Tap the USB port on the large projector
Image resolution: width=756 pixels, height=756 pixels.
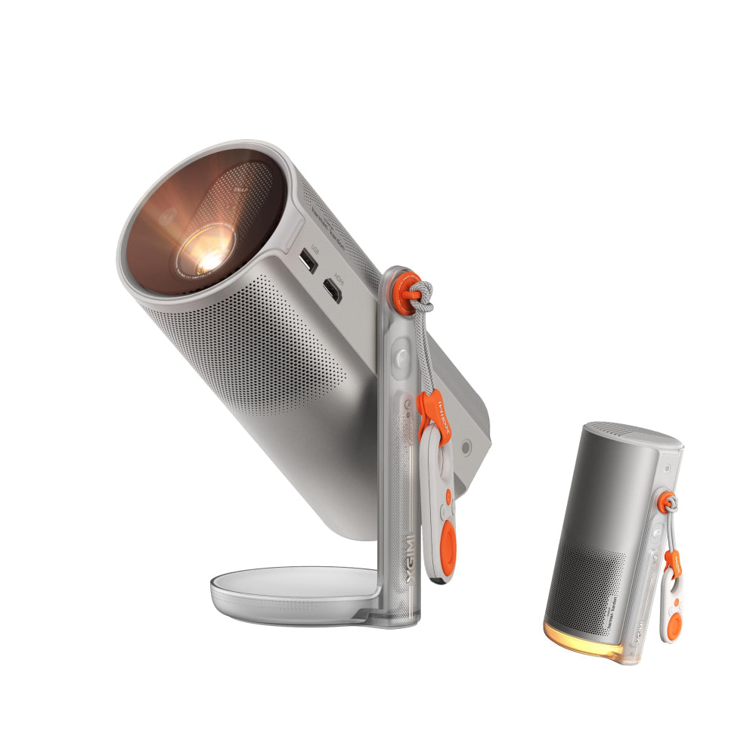click(307, 261)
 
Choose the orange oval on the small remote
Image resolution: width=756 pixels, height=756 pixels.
click(674, 627)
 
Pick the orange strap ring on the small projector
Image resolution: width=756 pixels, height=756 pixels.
click(665, 501)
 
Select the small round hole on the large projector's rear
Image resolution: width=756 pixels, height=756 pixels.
click(466, 448)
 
